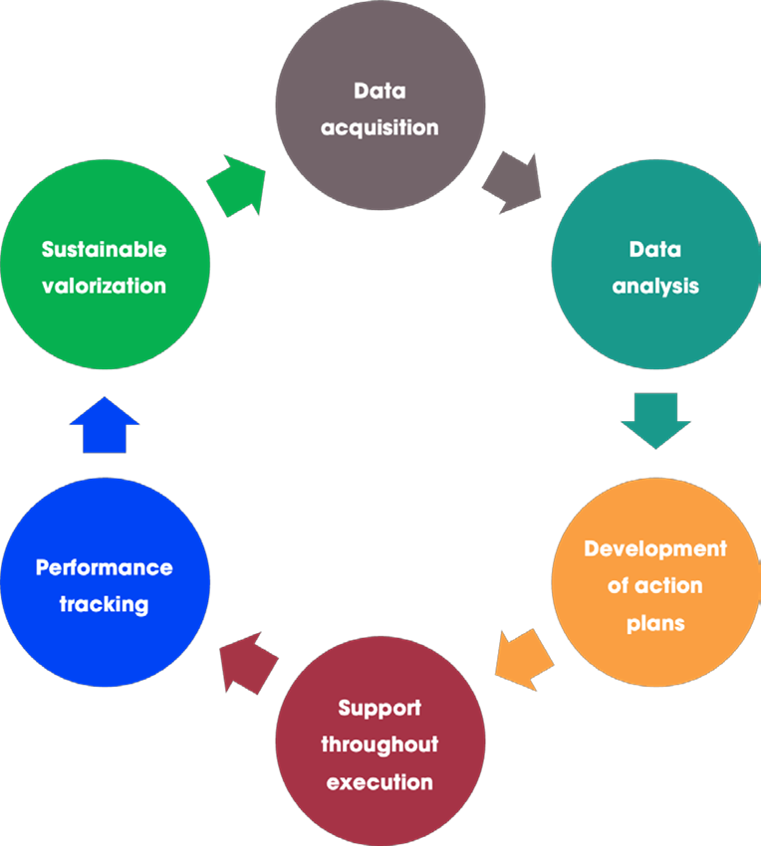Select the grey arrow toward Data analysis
point(512,182)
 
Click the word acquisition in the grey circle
point(380,127)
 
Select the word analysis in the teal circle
point(655,287)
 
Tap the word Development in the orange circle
point(655,548)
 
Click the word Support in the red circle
point(380,708)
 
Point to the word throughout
point(380,744)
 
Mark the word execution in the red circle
point(380,781)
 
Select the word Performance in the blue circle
point(105,567)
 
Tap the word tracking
point(105,604)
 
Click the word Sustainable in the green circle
point(105,249)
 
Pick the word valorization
point(105,286)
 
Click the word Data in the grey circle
point(380,92)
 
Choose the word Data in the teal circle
point(654,250)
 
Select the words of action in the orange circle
point(655,586)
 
